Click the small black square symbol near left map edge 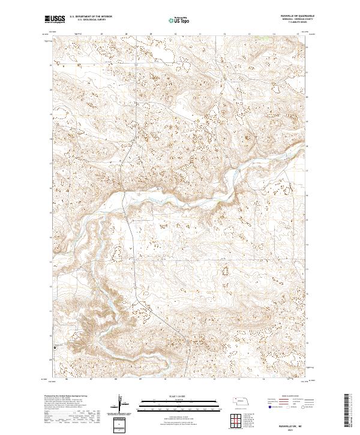pyautogui.click(x=55, y=347)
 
